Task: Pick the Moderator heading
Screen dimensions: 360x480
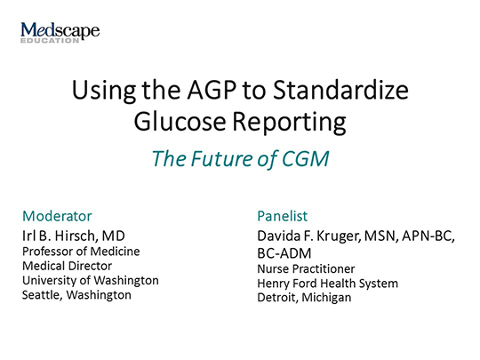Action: click(56, 215)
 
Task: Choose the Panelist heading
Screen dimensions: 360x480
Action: click(282, 215)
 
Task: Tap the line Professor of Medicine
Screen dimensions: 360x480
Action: click(80, 252)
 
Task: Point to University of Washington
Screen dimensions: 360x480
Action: click(90, 280)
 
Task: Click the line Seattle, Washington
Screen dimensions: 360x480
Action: click(76, 294)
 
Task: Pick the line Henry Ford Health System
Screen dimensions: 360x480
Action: click(327, 283)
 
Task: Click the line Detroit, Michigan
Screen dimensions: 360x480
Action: click(304, 297)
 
